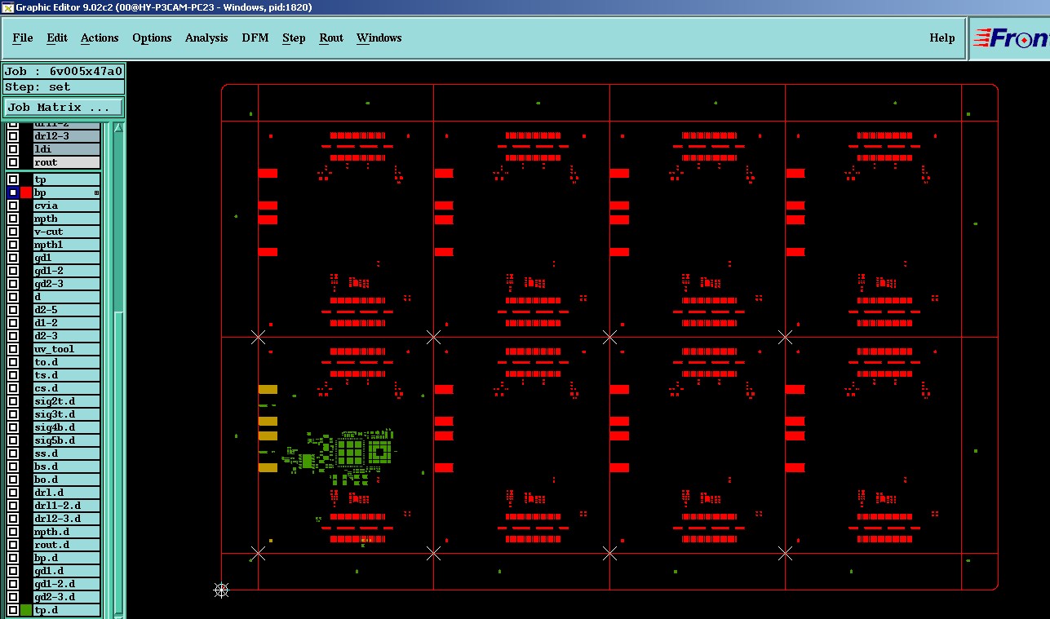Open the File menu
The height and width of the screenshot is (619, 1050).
pyautogui.click(x=23, y=38)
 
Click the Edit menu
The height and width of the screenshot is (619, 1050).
pyautogui.click(x=57, y=38)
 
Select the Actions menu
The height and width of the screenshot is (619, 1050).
pyautogui.click(x=100, y=38)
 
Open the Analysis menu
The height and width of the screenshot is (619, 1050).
pyautogui.click(x=206, y=38)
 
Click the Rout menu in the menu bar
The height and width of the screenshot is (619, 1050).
pyautogui.click(x=331, y=38)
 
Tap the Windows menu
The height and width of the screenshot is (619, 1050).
pyautogui.click(x=379, y=38)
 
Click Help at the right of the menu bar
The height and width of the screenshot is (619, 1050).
pyautogui.click(x=942, y=38)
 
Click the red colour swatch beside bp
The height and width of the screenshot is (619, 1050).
pyautogui.click(x=26, y=192)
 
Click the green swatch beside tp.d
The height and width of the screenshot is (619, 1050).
pyautogui.click(x=26, y=610)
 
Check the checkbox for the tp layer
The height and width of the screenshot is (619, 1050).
pyautogui.click(x=13, y=179)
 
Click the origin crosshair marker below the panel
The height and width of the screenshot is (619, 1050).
pyautogui.click(x=221, y=590)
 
